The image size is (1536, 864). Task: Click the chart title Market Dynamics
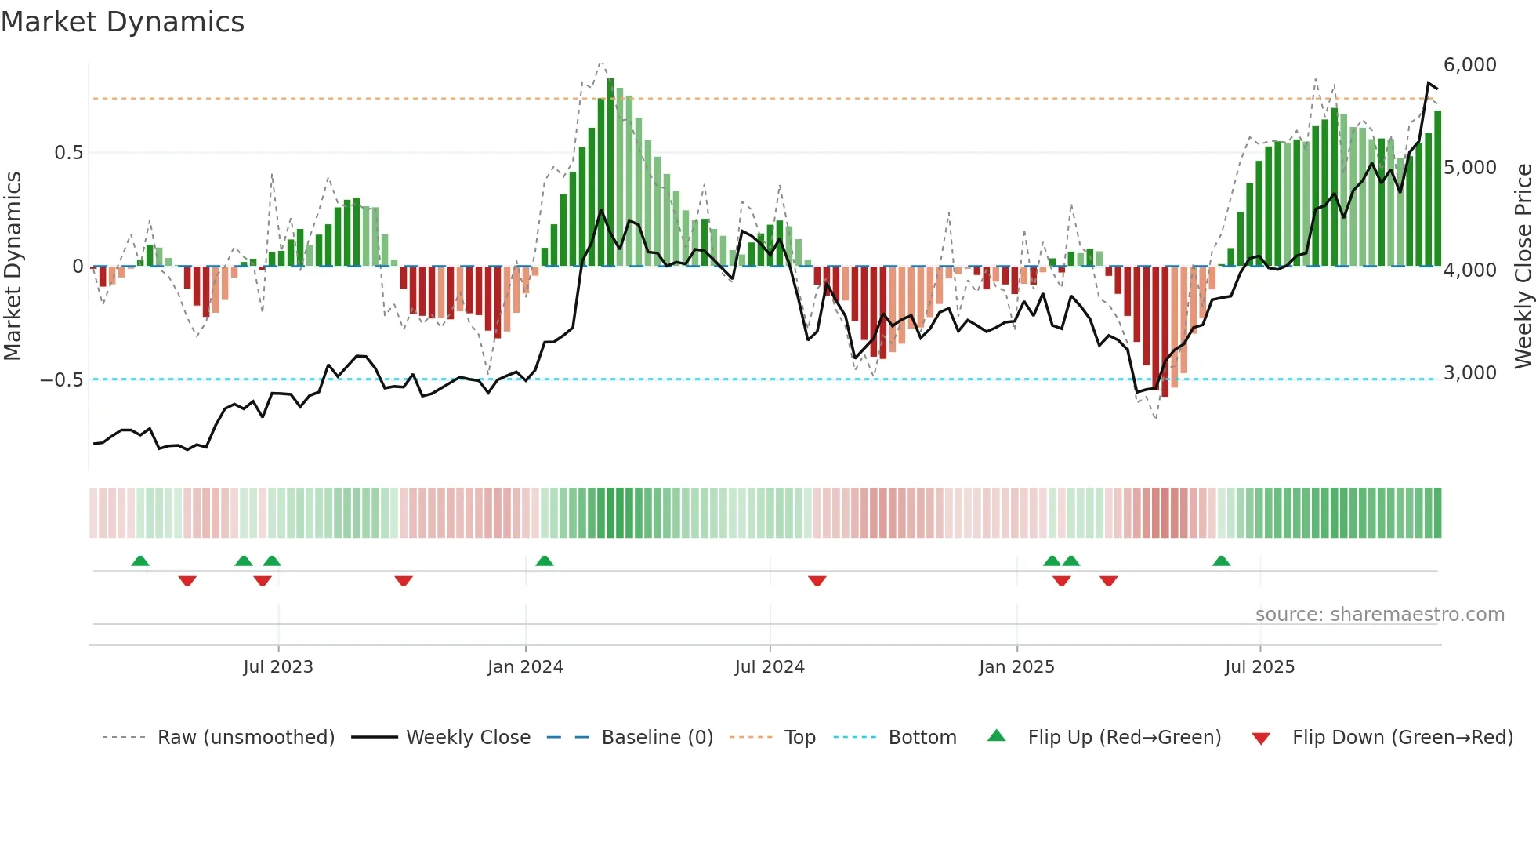(122, 22)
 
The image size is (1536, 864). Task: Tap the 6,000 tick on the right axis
(1469, 65)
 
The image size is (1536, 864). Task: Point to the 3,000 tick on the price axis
(1469, 373)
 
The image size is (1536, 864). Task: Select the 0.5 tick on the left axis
(68, 153)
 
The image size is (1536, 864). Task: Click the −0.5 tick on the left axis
(62, 380)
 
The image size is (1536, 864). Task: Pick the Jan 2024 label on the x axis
(524, 667)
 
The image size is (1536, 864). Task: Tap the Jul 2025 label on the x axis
(1259, 667)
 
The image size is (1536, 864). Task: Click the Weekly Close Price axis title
(1523, 266)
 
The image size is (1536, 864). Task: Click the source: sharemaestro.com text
(1379, 615)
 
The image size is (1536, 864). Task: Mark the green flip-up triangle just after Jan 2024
(545, 561)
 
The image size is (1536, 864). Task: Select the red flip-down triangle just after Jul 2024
(817, 581)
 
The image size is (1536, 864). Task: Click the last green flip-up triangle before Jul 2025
(1221, 561)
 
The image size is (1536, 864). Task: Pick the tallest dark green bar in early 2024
(610, 172)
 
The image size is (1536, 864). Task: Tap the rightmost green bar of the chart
(1437, 188)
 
